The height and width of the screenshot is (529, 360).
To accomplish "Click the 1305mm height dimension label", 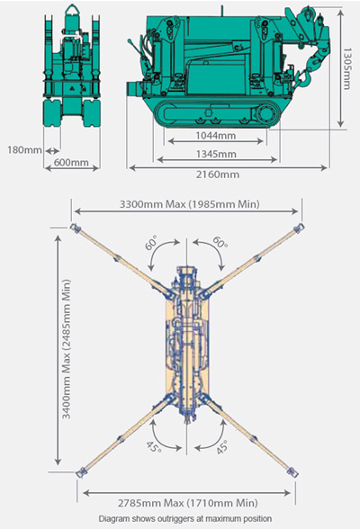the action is (346, 68).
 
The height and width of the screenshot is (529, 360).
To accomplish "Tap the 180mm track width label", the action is (24, 149).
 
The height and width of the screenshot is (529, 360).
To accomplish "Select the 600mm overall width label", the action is (71, 162).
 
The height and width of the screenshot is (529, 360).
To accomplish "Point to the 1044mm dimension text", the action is (216, 136).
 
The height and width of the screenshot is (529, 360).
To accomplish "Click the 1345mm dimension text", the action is (216, 154).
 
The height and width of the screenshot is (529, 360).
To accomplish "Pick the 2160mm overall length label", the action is (218, 175).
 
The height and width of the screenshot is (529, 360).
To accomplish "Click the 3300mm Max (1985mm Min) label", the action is (190, 204).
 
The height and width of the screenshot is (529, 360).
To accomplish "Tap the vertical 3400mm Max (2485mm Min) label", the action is (67, 349).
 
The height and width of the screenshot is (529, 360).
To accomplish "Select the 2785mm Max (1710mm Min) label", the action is (188, 503).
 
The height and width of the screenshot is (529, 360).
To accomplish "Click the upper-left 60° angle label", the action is (151, 243).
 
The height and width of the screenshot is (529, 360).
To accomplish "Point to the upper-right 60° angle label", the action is (220, 242).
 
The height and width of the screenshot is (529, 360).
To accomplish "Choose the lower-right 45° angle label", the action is (221, 447).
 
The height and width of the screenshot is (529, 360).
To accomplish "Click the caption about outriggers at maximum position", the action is (184, 518).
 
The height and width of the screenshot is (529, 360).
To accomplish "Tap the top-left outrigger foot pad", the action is (75, 228).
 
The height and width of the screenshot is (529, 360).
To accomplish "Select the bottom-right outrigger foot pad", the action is (292, 472).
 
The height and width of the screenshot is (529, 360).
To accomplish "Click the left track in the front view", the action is (52, 113).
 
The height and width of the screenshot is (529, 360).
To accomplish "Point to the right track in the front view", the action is (92, 113).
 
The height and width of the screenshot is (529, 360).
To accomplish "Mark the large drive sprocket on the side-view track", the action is (266, 114).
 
